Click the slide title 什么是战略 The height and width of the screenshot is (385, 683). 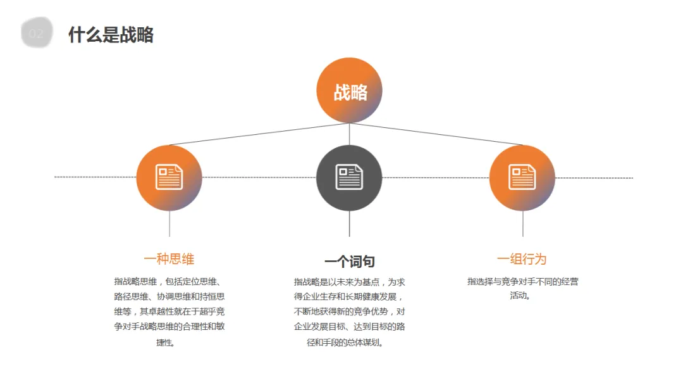(111, 35)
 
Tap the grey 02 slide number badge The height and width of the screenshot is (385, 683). (36, 34)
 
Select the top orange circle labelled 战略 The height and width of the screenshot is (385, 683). (349, 91)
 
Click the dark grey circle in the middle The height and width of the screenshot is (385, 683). (349, 178)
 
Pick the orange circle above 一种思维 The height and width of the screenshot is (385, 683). (169, 178)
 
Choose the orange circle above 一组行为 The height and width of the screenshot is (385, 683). (522, 178)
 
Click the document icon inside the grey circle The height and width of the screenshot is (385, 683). (349, 177)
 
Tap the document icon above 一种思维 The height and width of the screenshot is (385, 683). (169, 177)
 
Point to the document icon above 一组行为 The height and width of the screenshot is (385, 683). (522, 177)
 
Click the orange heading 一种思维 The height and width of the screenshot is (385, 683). (169, 259)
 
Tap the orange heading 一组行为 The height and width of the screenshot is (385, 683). (522, 259)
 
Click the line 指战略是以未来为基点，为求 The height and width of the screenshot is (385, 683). (349, 282)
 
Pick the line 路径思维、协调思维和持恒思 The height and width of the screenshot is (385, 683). (169, 296)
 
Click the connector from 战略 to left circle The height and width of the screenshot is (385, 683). (259, 134)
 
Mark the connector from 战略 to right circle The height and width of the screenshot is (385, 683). (436, 134)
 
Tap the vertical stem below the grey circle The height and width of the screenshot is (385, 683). (349, 224)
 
